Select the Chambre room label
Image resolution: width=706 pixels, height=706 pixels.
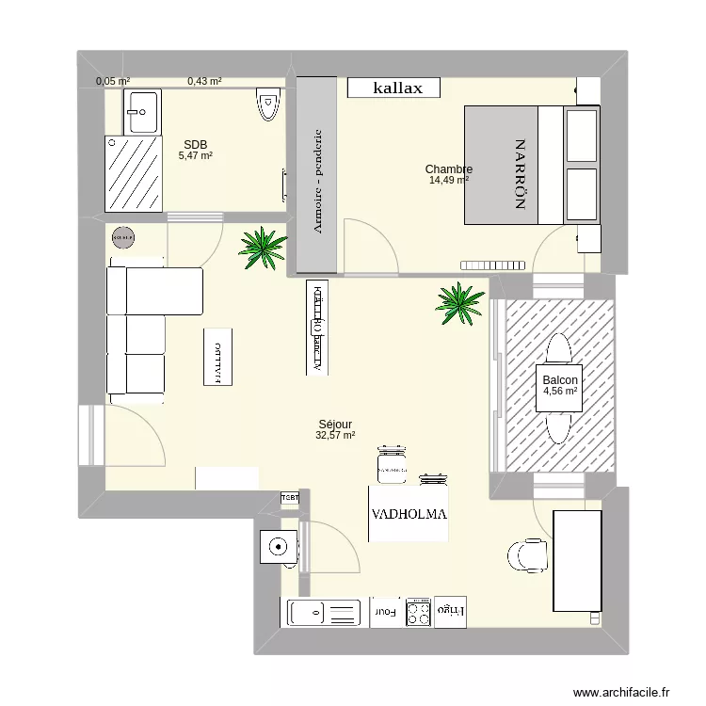[x=448, y=169]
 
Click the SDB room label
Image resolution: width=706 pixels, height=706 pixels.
[x=196, y=144]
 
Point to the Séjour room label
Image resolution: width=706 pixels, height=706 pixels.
[x=335, y=425]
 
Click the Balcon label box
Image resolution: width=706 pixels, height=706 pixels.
[x=559, y=386]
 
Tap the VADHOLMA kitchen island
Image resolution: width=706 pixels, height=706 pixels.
[x=409, y=515]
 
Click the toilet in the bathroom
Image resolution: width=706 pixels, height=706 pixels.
[x=267, y=103]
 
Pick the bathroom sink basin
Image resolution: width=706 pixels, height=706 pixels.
[x=142, y=112]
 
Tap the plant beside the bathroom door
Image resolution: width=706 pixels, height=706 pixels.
[x=262, y=248]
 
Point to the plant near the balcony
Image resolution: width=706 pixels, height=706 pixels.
[x=459, y=303]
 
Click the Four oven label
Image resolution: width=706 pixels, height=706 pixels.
[x=386, y=613]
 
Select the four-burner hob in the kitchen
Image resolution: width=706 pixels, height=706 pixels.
[x=419, y=613]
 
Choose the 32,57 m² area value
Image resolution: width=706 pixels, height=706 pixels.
[x=335, y=435]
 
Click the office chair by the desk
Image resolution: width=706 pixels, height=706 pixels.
[x=525, y=554]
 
